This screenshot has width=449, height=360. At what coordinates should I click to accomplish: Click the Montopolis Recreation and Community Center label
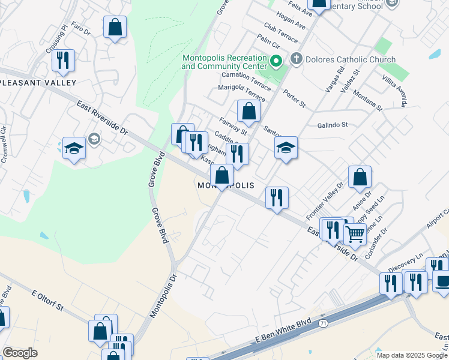(x=224, y=62)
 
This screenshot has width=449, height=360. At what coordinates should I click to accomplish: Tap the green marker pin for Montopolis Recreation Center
(x=276, y=61)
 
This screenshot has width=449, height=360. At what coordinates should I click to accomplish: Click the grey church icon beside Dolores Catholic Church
(x=295, y=59)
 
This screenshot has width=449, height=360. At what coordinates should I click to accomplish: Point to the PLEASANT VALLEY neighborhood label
(x=38, y=82)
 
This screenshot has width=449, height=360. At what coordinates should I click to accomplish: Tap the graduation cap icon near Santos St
(x=286, y=148)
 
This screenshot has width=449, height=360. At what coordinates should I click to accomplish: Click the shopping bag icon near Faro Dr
(x=115, y=27)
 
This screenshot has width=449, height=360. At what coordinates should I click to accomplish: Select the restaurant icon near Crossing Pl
(x=63, y=60)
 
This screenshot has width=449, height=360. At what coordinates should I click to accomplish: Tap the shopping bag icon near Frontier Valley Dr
(x=360, y=177)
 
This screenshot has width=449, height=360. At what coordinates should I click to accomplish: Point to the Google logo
(x=20, y=353)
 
